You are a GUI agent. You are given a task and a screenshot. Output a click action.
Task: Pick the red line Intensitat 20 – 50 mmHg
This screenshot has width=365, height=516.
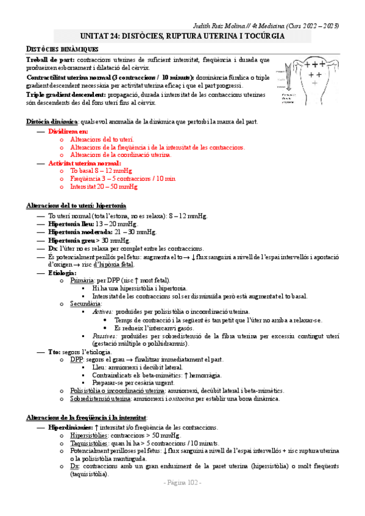coord(101,187)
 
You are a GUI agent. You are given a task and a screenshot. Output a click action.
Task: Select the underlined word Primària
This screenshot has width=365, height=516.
coord(82,281)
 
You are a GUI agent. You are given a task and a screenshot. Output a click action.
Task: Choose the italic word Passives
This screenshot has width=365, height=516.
coord(105,336)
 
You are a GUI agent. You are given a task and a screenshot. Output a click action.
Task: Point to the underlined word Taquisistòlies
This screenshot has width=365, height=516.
coord(92,444)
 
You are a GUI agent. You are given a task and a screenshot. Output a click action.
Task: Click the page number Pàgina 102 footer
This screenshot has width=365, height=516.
coord(182,483)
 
